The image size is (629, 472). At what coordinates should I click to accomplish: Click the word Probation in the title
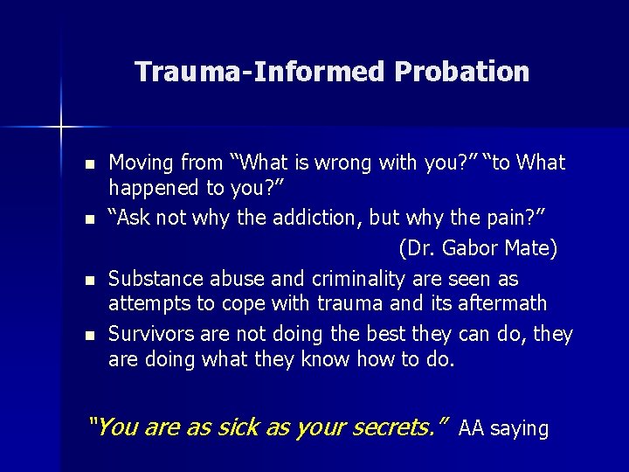point(461,72)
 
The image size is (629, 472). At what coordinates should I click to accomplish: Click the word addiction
point(313,219)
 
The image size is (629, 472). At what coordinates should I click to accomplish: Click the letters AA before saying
point(471,428)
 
